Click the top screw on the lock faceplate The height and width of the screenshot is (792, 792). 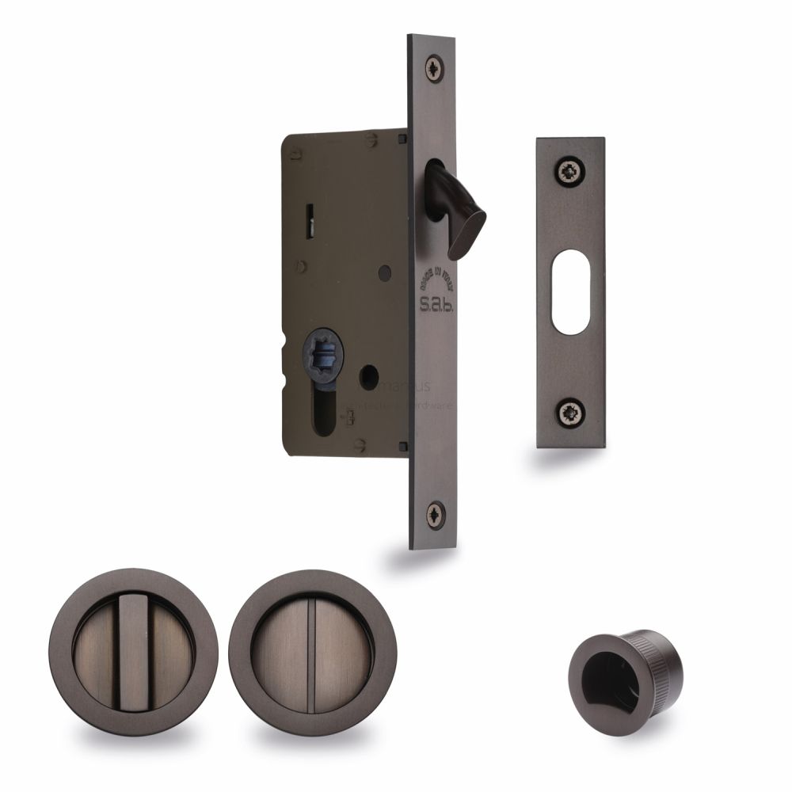[x=434, y=67]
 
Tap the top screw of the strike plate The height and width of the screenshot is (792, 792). [x=569, y=171]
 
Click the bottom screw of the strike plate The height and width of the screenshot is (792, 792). [x=569, y=411]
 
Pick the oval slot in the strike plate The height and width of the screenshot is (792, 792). [x=569, y=292]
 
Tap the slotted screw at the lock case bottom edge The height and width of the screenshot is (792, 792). [x=361, y=443]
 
